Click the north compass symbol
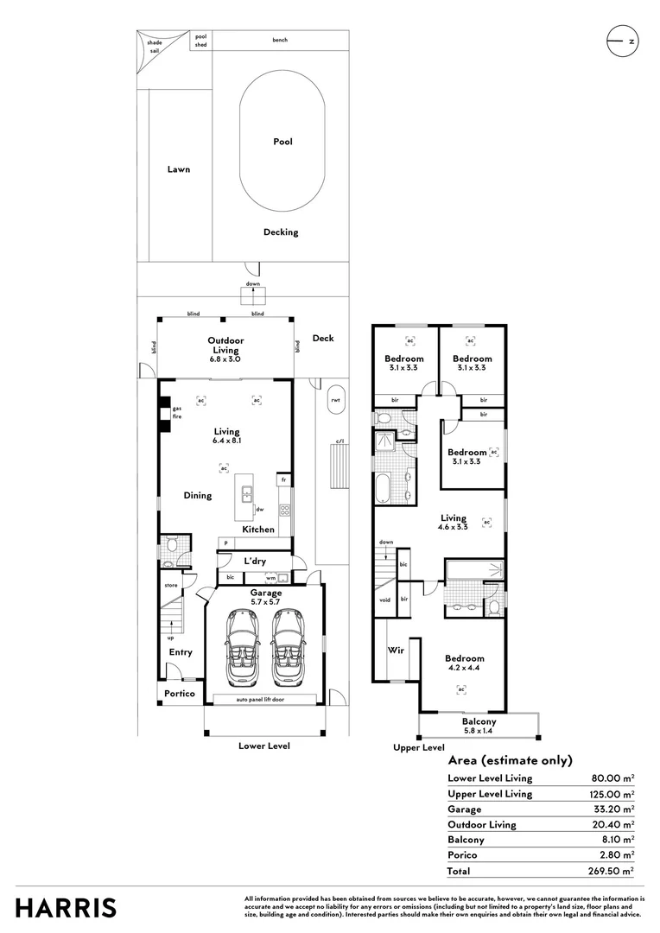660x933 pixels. click(x=623, y=41)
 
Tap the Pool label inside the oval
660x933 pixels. click(x=282, y=142)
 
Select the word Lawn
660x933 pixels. click(x=179, y=169)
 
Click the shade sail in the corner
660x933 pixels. click(x=155, y=48)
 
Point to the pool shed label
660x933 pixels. click(x=200, y=41)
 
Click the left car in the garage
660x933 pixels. click(x=242, y=648)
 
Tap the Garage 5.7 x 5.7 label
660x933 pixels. click(x=266, y=598)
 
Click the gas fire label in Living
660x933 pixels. click(x=176, y=413)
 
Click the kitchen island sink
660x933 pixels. click(x=247, y=494)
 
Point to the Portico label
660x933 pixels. click(x=180, y=694)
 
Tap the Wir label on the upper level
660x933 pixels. click(x=397, y=650)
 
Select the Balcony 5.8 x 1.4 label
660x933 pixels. click(x=479, y=726)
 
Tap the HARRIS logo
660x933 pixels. click(x=66, y=907)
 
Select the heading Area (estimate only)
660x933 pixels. click(x=510, y=760)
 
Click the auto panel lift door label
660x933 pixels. click(x=266, y=699)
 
